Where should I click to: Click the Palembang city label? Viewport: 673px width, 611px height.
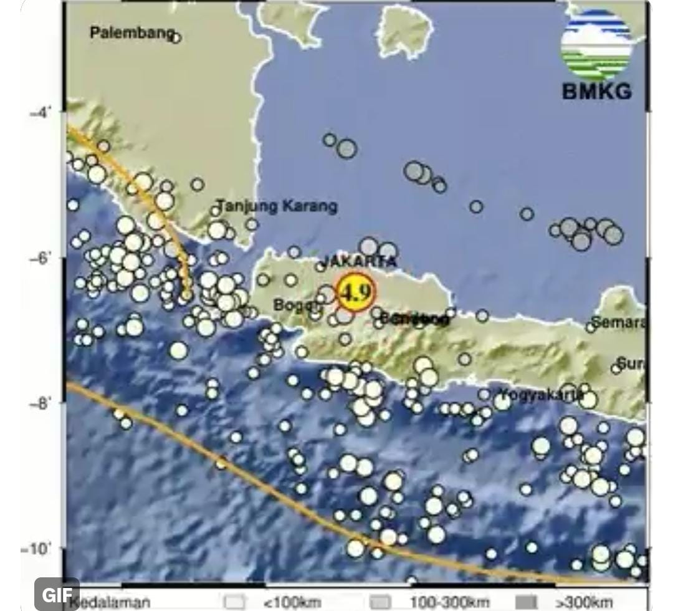point(131,32)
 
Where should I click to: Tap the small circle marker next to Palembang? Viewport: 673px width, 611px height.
point(176,38)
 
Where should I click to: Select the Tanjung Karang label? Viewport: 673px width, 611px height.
point(277,206)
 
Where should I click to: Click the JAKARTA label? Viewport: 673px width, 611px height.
point(358,261)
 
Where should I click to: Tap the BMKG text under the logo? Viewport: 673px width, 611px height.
point(596,91)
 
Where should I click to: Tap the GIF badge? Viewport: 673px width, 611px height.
point(57,595)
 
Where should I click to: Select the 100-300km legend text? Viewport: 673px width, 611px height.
point(449,602)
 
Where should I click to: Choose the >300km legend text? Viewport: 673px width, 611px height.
point(583,602)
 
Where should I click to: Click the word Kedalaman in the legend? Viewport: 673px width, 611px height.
point(110,602)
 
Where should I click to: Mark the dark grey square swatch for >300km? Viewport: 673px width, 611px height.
point(527,602)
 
